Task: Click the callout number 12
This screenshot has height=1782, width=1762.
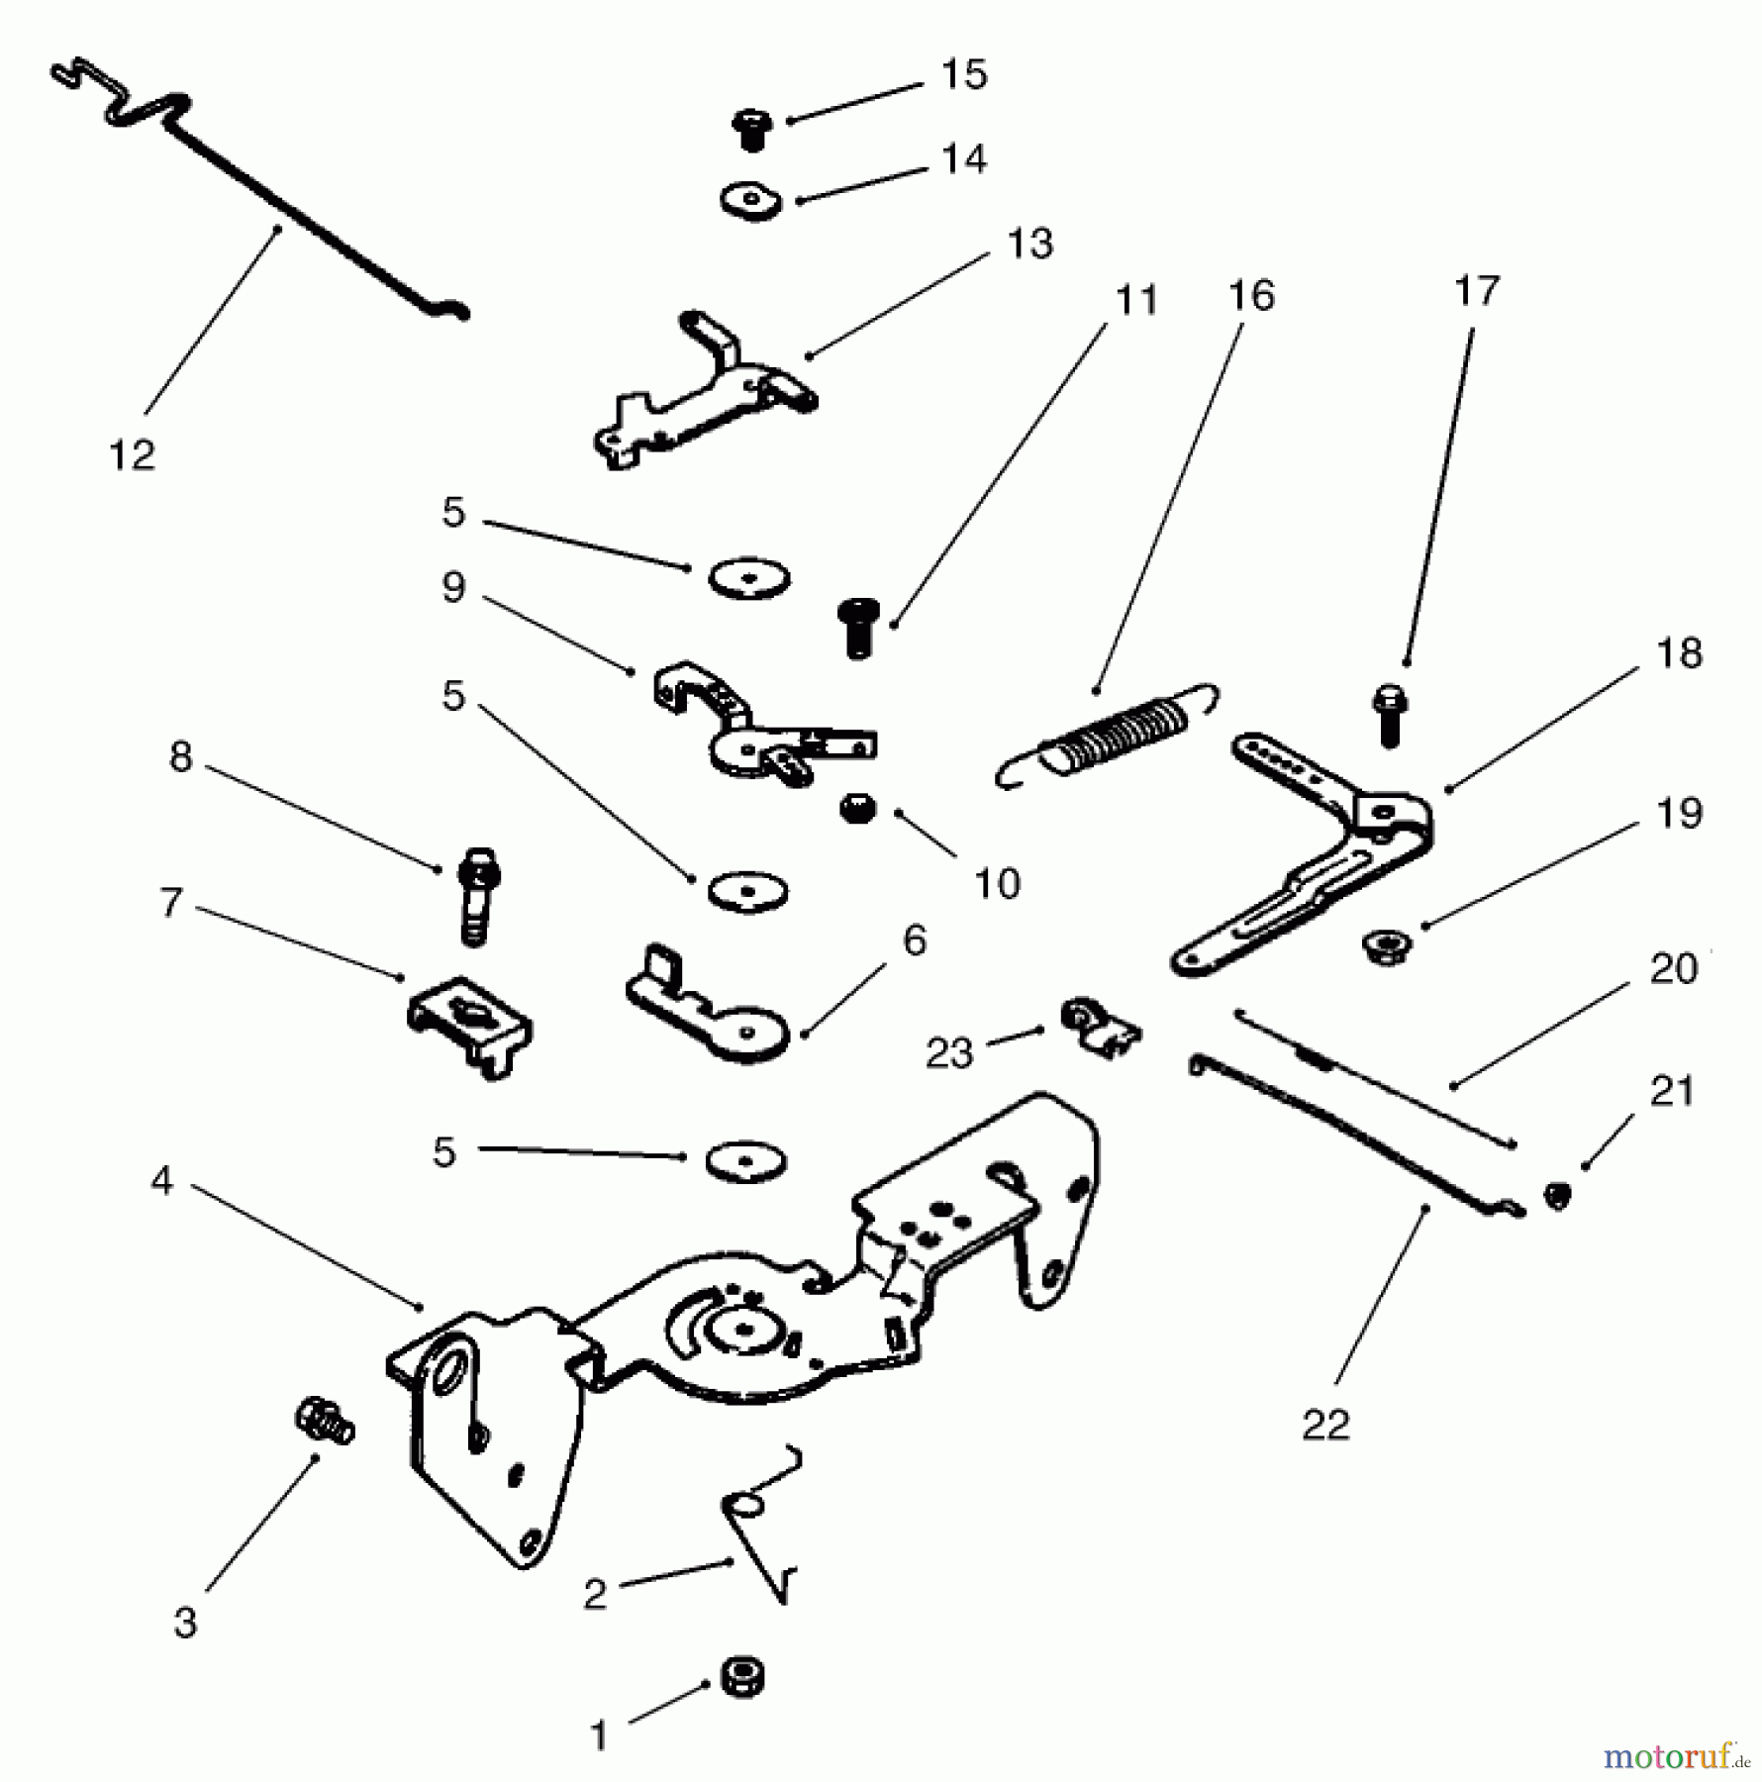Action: [132, 455]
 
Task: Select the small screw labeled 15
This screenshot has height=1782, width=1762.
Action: [752, 129]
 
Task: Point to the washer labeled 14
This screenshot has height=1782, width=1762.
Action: [750, 200]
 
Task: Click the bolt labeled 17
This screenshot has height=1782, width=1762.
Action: [1390, 715]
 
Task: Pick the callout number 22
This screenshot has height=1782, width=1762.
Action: [1325, 1426]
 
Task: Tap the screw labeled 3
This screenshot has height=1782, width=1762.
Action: [325, 1423]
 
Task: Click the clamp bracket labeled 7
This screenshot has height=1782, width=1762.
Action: [469, 1025]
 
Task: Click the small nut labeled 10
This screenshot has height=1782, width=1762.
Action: [857, 810]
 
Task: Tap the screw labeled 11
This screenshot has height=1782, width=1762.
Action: [857, 626]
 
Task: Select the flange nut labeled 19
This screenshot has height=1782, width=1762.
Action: [1387, 945]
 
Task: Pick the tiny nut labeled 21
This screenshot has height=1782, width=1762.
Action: [1557, 1195]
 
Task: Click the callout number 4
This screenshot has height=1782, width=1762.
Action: [162, 1180]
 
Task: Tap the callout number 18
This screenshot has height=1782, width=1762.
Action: [1679, 653]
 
